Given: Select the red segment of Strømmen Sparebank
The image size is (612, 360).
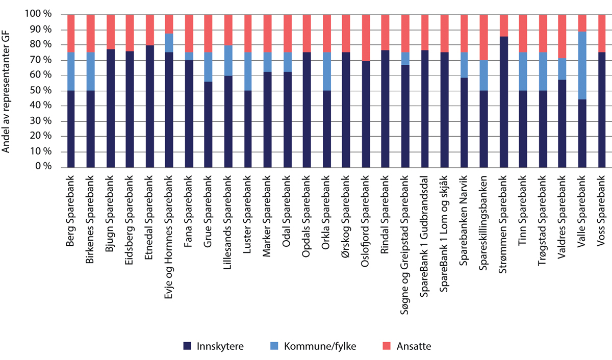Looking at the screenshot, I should pyautogui.click(x=503, y=25).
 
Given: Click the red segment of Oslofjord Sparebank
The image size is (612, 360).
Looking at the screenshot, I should pyautogui.click(x=365, y=38).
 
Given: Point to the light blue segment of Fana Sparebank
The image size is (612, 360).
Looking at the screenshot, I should pyautogui.click(x=189, y=56).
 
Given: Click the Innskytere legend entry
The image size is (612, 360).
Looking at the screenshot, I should pyautogui.click(x=214, y=346).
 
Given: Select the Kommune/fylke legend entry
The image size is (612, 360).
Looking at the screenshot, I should pyautogui.click(x=321, y=346).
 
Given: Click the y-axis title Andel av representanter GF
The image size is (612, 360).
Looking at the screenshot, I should pyautogui.click(x=7, y=91).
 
